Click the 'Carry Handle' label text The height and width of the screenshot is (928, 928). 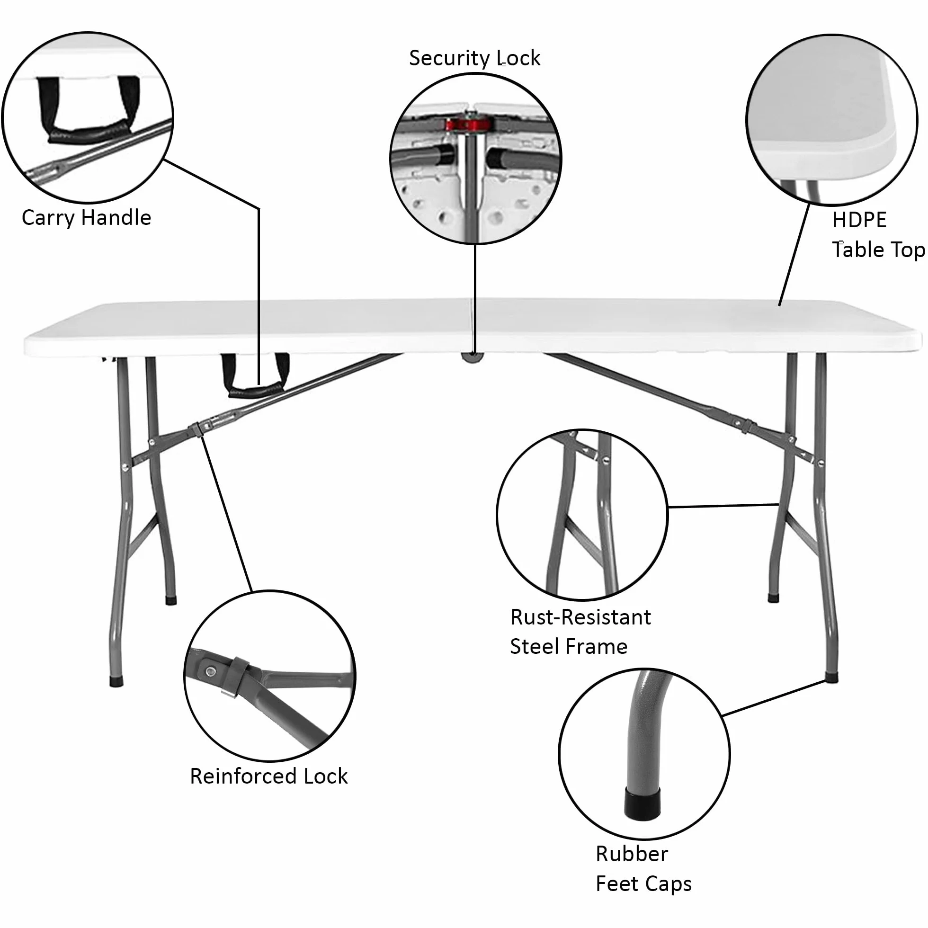87,218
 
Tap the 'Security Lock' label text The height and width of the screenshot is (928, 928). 474,58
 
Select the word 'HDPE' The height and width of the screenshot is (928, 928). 859,220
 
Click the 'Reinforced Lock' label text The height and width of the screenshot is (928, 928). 268,776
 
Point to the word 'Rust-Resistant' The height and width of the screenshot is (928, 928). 580,617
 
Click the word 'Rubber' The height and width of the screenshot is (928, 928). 632,854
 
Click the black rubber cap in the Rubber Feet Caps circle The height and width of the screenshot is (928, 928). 642,803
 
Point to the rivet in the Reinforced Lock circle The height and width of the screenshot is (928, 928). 210,671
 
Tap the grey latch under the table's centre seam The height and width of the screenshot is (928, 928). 472,357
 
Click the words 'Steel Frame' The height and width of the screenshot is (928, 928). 569,647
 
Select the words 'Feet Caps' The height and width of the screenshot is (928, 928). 643,884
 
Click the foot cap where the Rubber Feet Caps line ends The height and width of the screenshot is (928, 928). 831,678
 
